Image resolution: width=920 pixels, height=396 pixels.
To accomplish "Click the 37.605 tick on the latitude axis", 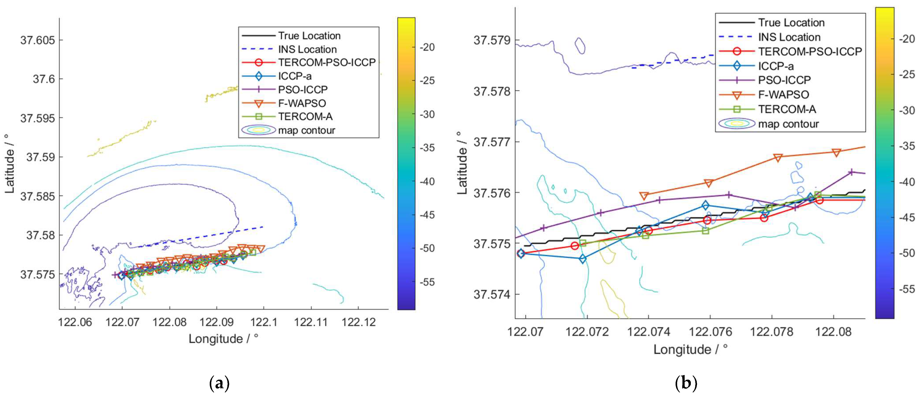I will click(x=38, y=40).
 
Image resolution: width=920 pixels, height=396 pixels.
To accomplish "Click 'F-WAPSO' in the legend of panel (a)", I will click(x=302, y=103).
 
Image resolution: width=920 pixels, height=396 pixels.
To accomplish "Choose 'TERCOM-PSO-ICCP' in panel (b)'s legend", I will click(x=810, y=51).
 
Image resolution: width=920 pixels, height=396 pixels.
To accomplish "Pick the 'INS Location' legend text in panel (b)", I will click(x=789, y=37).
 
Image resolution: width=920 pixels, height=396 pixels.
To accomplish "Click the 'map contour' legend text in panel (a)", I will click(x=307, y=130).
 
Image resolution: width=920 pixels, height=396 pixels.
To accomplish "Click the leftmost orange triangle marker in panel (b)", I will click(x=644, y=196).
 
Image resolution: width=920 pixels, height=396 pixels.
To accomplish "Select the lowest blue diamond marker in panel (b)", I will click(x=583, y=259).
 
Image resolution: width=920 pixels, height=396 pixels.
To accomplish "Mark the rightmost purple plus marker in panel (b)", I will click(x=851, y=172).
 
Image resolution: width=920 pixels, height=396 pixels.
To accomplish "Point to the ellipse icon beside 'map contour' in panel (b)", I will click(x=736, y=123).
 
